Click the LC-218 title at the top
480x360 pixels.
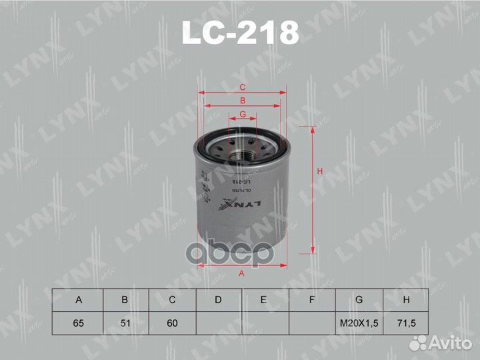pyautogui.click(x=240, y=31)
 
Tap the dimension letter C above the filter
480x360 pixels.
pyautogui.click(x=243, y=88)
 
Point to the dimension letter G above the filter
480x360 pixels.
pyautogui.click(x=243, y=115)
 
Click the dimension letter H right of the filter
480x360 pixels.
pyautogui.click(x=320, y=173)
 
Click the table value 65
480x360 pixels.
pyautogui.click(x=79, y=323)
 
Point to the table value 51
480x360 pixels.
pyautogui.click(x=125, y=323)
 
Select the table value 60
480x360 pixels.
pyautogui.click(x=171, y=323)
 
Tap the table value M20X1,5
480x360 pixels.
pyautogui.click(x=359, y=323)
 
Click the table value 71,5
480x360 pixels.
pyautogui.click(x=405, y=323)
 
